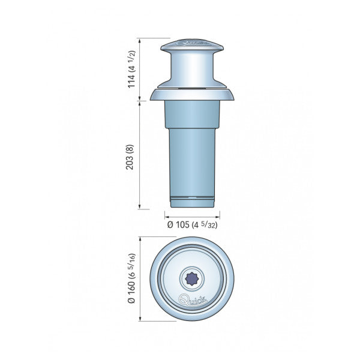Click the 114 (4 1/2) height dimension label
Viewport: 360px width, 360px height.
[131, 70]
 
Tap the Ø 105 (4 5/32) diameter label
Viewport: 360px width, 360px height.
[193, 224]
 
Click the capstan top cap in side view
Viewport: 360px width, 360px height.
[192, 45]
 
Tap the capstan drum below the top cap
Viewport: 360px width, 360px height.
[192, 68]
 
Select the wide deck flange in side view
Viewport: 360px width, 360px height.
[192, 94]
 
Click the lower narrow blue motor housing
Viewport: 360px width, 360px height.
[192, 162]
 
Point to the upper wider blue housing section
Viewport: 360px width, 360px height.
[192, 114]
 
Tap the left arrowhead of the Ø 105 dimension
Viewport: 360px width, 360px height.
[166, 216]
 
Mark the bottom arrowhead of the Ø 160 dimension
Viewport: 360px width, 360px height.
[140, 319]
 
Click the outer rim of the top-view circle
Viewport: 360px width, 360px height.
[154, 278]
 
